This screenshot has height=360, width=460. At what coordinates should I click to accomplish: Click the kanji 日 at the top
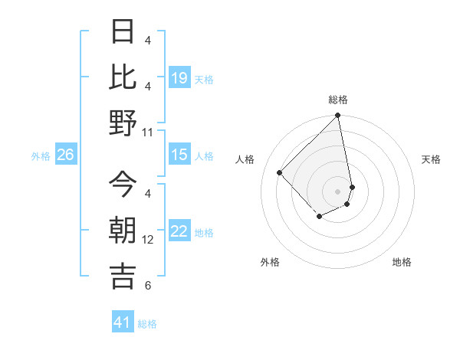[x=123, y=32]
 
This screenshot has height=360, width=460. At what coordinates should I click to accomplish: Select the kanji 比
[x=123, y=77]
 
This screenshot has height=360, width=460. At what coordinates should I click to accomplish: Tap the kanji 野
[x=123, y=123]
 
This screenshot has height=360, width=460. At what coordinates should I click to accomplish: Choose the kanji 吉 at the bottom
[x=123, y=276]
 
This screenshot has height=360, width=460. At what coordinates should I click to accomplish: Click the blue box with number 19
[x=179, y=77]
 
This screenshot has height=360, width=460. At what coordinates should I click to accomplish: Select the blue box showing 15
[x=179, y=155]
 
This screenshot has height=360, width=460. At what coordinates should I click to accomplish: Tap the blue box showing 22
[x=179, y=231]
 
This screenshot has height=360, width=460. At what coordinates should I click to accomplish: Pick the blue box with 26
[x=65, y=155]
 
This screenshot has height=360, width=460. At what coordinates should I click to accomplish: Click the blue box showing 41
[x=123, y=322]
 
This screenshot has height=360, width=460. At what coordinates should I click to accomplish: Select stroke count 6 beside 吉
[x=148, y=286]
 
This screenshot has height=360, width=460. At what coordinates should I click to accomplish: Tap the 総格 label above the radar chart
[x=337, y=100]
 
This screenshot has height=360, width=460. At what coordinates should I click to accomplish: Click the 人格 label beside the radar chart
[x=245, y=159]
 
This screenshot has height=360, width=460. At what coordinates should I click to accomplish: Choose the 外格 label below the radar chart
[x=270, y=262]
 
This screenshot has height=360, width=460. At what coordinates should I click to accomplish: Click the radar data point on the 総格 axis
[x=337, y=116]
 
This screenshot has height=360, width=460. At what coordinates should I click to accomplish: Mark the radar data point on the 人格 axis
[x=280, y=172]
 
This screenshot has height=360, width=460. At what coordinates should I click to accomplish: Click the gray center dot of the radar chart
[x=337, y=191]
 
